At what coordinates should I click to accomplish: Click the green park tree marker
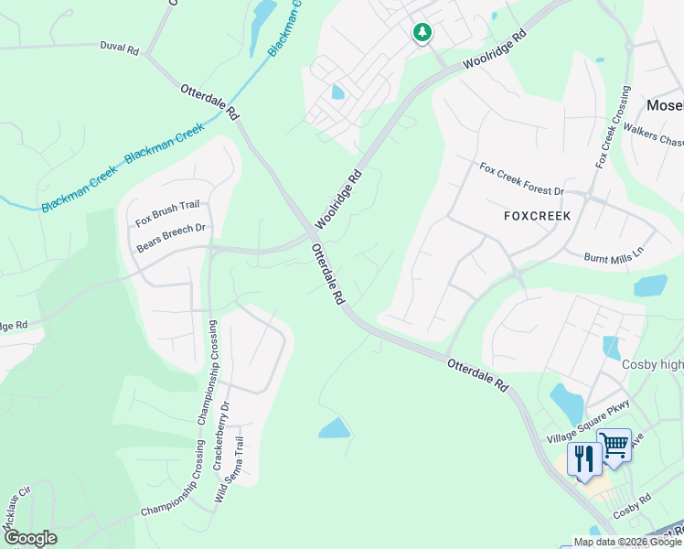coord(422,33)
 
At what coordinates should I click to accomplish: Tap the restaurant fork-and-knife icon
coord(584,457)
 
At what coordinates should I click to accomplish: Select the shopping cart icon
coord(615,445)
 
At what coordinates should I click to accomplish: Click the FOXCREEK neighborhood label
coord(537,216)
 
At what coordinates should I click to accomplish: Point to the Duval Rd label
coord(119,48)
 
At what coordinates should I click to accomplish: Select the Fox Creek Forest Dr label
coord(522,179)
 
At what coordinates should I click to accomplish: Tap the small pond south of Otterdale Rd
coord(335,427)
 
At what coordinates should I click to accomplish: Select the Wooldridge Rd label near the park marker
coord(495,51)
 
